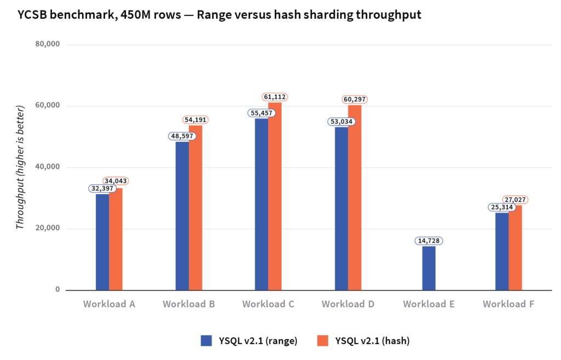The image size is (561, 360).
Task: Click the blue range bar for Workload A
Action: (x=102, y=242)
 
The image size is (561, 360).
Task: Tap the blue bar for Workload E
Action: (x=429, y=268)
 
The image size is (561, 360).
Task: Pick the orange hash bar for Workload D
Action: (x=354, y=197)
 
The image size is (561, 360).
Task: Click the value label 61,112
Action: (x=275, y=97)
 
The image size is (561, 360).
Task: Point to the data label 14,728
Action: (x=429, y=241)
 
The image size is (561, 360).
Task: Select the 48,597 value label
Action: (x=182, y=135)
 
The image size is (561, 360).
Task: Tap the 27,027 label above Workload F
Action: (x=516, y=200)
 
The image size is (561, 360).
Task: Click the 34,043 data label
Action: (x=116, y=181)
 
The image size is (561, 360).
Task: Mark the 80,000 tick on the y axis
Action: (x=48, y=44)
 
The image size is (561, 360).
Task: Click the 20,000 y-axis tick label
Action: (x=48, y=228)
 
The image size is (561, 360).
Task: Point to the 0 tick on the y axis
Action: (x=57, y=290)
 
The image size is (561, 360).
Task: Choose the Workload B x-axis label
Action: (x=188, y=304)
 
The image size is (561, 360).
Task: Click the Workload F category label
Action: (x=508, y=304)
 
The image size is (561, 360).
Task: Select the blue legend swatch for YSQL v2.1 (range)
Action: (x=206, y=340)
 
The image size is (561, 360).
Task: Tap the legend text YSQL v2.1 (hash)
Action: (x=374, y=340)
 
